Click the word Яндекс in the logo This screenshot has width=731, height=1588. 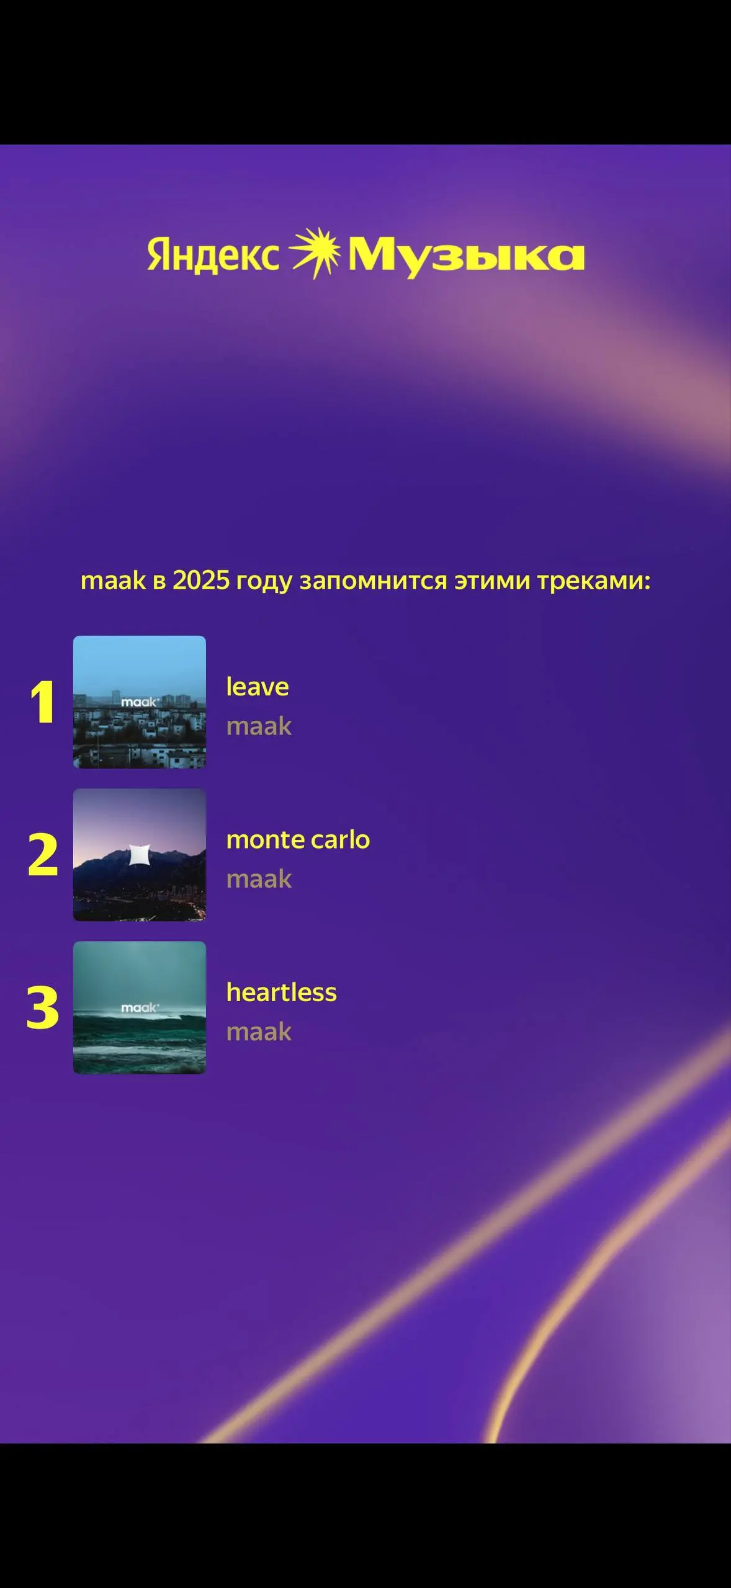coord(213,255)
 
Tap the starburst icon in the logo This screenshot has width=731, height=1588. coord(315,252)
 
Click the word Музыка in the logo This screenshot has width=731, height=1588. coord(466,256)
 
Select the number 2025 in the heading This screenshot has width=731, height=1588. coord(201,581)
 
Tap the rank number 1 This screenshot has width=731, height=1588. coord(43,703)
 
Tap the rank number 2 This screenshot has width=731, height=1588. coord(43,855)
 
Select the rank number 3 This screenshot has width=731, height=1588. coord(43,1008)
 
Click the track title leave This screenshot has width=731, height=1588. coord(258,687)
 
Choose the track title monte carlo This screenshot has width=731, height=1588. coord(298,839)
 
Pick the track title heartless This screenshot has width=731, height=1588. coord(281,993)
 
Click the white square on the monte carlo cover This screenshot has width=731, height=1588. coord(139,854)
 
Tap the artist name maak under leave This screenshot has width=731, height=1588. coord(259,726)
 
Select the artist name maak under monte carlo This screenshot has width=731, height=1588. coord(259,879)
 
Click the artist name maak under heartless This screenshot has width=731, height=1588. coord(259,1032)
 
